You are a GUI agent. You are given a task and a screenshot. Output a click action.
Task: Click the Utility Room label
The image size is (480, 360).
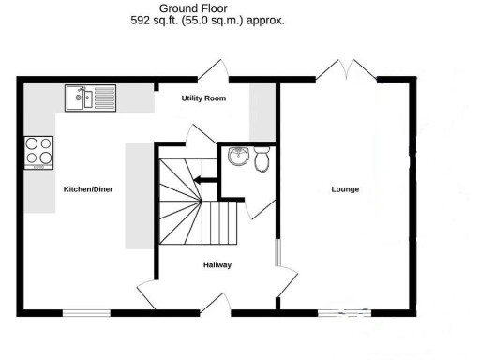point(203,98)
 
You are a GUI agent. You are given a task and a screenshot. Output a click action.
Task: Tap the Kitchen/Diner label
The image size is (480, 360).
point(88,189)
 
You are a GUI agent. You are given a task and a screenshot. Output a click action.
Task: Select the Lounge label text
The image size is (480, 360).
point(345,189)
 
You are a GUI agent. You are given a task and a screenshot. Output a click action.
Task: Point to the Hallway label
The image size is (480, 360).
point(217,265)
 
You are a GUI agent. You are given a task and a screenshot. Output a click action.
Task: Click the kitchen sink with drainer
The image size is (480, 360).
point(89,97)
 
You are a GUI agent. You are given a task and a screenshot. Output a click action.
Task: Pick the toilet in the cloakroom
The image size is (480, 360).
point(262,160)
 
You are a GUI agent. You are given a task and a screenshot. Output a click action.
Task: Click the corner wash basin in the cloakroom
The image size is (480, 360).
point(236,156)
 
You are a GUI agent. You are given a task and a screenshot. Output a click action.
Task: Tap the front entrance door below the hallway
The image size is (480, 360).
point(219,302)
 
